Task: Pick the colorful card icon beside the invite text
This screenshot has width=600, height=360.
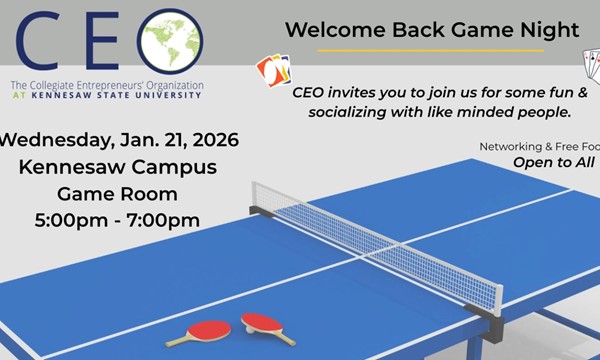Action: click(x=272, y=69)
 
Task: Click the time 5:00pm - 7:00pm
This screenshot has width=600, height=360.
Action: click(x=118, y=219)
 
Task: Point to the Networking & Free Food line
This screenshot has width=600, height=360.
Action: click(x=538, y=146)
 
